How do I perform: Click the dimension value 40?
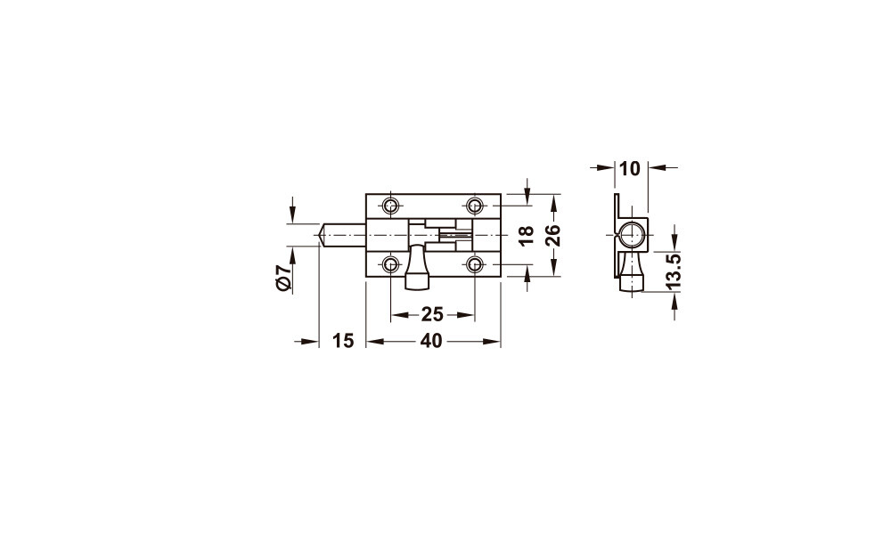click(x=431, y=341)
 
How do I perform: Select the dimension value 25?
click(x=432, y=314)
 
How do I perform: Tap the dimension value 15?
click(x=343, y=341)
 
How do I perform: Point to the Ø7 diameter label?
click(x=284, y=278)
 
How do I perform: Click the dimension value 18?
click(x=527, y=236)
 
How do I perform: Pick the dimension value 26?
click(x=553, y=235)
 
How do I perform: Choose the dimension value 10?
click(x=630, y=168)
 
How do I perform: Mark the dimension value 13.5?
click(x=673, y=271)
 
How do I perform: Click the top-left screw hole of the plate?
click(x=390, y=205)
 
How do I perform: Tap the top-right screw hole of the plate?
click(x=475, y=205)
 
